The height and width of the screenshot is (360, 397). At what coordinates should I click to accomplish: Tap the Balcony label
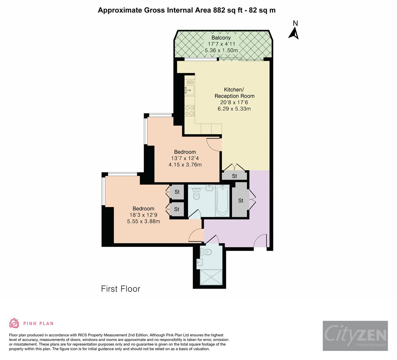tap(221, 38)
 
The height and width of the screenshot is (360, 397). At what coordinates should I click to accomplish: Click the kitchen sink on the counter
tap(190, 89)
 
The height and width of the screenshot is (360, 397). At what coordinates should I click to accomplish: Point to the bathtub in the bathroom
tap(222, 201)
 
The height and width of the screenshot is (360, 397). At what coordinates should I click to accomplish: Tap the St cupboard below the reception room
tap(234, 176)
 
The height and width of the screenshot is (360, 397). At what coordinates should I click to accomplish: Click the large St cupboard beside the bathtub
tap(241, 200)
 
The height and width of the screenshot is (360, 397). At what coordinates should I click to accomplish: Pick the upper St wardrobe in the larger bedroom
tap(177, 192)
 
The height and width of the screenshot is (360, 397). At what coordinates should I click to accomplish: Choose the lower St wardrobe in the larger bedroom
tap(177, 209)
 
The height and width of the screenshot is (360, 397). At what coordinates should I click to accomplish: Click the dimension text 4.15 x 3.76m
tap(185, 164)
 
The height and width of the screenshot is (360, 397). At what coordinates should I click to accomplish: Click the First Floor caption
tap(121, 289)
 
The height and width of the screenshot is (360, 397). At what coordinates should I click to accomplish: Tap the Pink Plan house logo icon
tap(14, 323)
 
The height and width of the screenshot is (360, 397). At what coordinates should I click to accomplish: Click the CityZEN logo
tap(355, 336)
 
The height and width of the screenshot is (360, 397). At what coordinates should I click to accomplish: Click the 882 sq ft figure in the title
tap(228, 10)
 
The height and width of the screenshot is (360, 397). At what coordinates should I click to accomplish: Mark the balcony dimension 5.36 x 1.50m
tap(221, 50)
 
